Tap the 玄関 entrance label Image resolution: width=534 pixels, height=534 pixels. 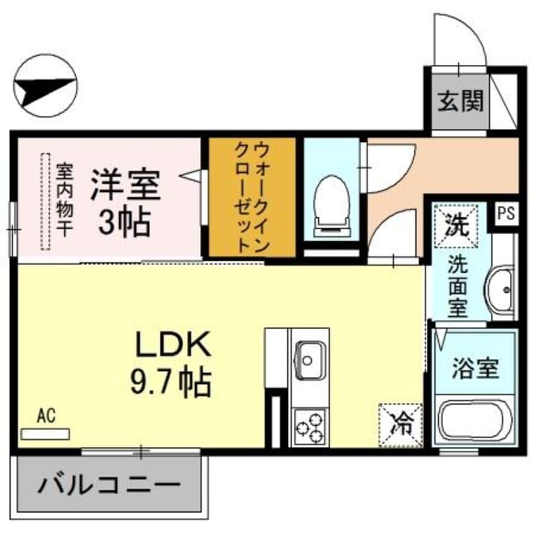(461, 100)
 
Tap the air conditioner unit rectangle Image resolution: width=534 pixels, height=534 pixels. (45, 434)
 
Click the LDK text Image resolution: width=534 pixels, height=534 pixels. (170, 346)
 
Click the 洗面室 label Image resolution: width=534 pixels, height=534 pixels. (458, 287)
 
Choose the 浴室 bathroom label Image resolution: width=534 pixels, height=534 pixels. (475, 367)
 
